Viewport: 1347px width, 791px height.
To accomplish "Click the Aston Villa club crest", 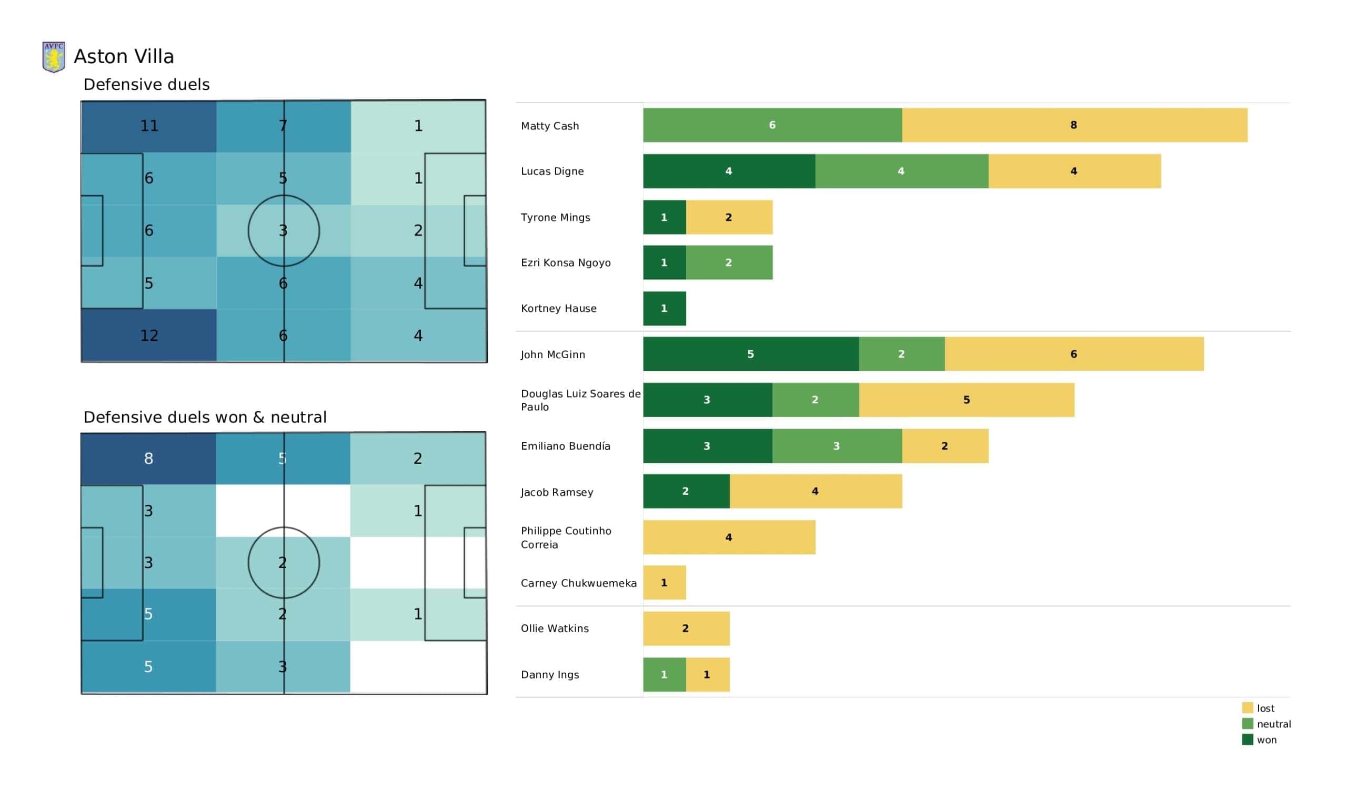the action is pyautogui.click(x=54, y=57).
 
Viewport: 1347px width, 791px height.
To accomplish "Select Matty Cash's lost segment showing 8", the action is pyautogui.click(x=1074, y=125).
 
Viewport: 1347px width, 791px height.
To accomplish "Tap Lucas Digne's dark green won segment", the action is pyautogui.click(x=729, y=171).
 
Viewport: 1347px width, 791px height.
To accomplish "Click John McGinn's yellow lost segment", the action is pyautogui.click(x=1074, y=354).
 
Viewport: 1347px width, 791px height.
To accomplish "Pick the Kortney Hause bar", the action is pyautogui.click(x=665, y=308).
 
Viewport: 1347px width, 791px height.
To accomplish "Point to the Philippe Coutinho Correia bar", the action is pyautogui.click(x=729, y=537).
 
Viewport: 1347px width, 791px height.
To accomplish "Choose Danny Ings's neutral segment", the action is pyautogui.click(x=665, y=674).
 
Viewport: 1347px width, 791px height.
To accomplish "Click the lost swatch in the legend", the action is pyautogui.click(x=1248, y=707).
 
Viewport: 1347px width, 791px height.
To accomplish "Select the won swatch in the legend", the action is pyautogui.click(x=1248, y=739).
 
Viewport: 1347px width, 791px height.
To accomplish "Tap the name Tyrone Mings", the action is pyautogui.click(x=555, y=218).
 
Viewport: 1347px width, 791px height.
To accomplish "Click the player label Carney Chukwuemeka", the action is pyautogui.click(x=579, y=583).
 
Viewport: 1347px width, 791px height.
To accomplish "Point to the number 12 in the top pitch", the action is pyautogui.click(x=149, y=335).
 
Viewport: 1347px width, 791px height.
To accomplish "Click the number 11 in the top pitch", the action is pyautogui.click(x=149, y=126).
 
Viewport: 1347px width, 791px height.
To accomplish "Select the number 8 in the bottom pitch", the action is pyautogui.click(x=148, y=458).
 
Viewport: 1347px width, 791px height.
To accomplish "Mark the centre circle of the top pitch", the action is pyautogui.click(x=284, y=195).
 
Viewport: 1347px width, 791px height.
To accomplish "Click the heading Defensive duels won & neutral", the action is pyautogui.click(x=205, y=417).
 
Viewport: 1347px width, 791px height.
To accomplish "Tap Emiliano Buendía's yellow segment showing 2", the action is pyautogui.click(x=945, y=446).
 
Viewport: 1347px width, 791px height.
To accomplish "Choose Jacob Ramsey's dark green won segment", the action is pyautogui.click(x=686, y=491).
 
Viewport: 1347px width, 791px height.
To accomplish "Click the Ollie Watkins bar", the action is pyautogui.click(x=686, y=628).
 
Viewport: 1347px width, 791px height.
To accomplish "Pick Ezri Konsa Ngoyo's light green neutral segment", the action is pyautogui.click(x=729, y=262).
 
